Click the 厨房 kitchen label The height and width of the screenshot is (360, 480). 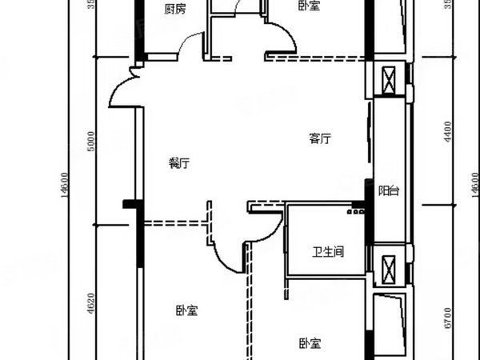174,10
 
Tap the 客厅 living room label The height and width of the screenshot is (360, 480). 320,138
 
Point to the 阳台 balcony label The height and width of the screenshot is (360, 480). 390,190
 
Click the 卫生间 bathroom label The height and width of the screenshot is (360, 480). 328,252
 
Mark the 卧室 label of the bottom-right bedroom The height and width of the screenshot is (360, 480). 311,343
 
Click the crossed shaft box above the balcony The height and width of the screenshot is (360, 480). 390,79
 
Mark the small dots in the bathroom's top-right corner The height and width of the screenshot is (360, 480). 353,214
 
